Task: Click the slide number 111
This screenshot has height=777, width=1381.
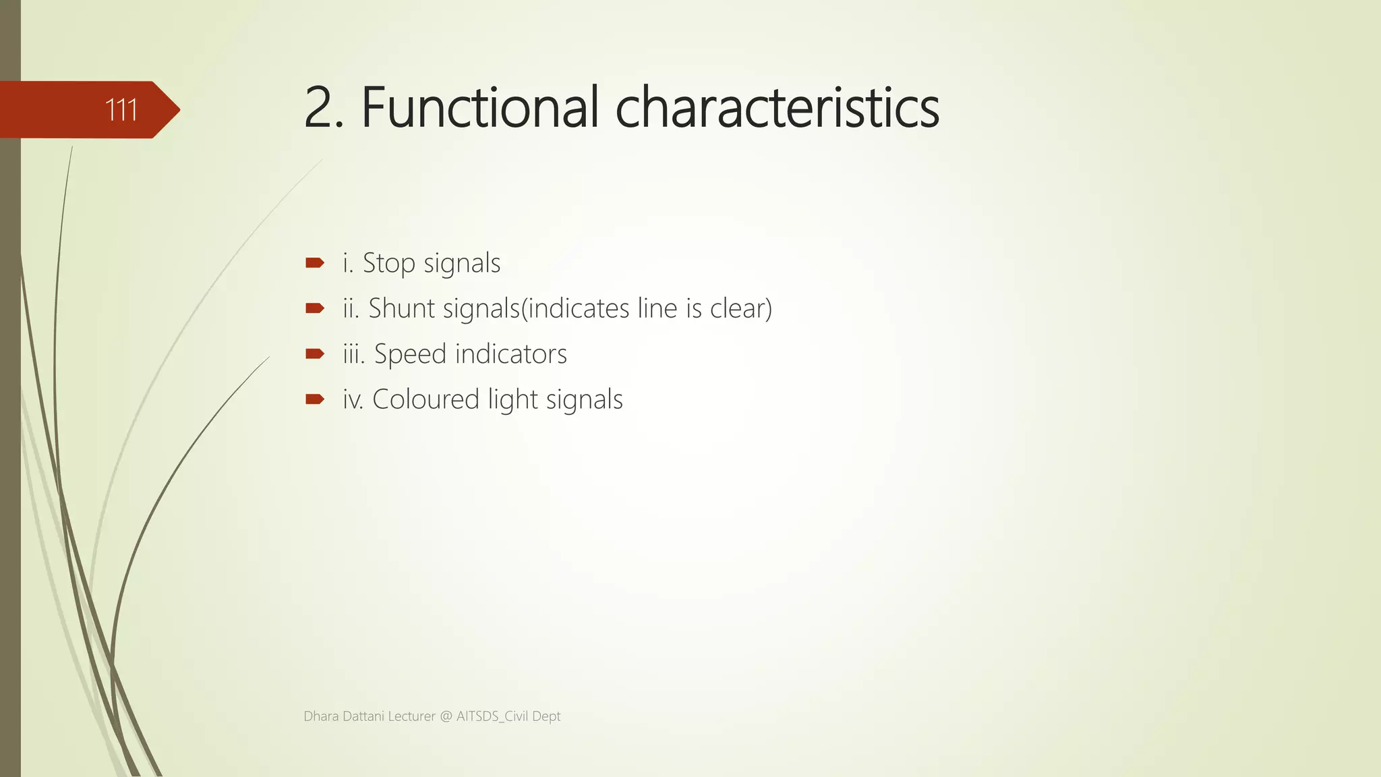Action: pos(121,110)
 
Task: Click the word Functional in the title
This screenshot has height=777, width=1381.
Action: pos(479,108)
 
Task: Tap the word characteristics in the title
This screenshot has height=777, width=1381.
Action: pos(777,108)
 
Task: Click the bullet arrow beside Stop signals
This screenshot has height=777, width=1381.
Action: pos(314,263)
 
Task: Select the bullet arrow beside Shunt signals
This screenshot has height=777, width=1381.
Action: pos(314,309)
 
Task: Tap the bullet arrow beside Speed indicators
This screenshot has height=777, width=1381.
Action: pos(314,354)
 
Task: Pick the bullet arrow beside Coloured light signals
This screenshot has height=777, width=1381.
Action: pos(314,399)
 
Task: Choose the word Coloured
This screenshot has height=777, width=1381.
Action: pos(425,399)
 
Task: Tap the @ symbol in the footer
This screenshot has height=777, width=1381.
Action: pos(446,716)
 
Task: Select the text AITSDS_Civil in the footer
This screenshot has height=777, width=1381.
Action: pos(492,716)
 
